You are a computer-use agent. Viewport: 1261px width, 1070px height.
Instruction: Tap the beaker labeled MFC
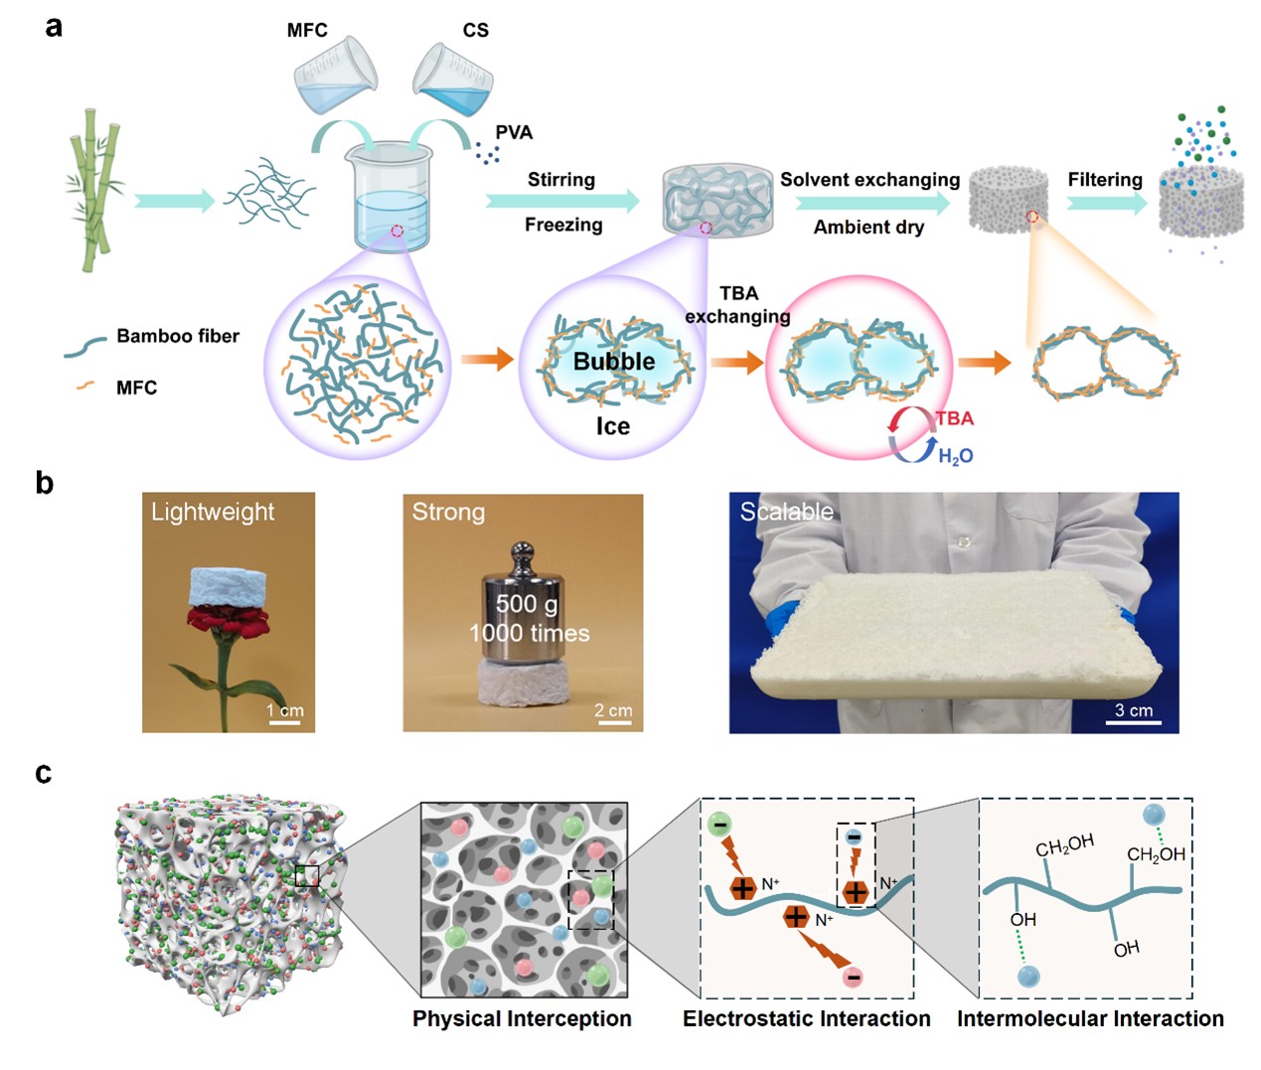click(x=335, y=76)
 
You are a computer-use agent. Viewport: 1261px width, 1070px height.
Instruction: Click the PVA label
click(x=514, y=133)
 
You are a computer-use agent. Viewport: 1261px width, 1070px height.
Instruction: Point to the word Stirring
click(x=560, y=180)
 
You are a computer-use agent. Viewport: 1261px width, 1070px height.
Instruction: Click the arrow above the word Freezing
click(x=562, y=201)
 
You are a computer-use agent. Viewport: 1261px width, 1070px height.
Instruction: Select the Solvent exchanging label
click(x=869, y=180)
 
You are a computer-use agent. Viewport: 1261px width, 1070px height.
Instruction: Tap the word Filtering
click(x=1105, y=180)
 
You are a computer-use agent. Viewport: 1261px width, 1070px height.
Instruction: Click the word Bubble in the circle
click(x=614, y=362)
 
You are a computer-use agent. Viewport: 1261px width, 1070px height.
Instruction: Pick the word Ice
click(x=613, y=427)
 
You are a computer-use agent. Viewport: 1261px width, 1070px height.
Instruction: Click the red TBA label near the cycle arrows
click(x=954, y=418)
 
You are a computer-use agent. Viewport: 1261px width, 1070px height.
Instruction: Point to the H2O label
click(x=955, y=456)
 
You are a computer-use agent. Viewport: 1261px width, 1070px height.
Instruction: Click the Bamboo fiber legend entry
click(x=177, y=337)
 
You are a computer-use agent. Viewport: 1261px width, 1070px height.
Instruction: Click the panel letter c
click(x=43, y=773)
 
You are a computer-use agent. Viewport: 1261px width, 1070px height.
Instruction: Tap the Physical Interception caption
click(x=522, y=1019)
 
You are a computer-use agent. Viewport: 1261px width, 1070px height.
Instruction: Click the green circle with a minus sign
click(x=720, y=825)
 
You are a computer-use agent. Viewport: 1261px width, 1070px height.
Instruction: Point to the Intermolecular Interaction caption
click(x=1090, y=1019)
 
